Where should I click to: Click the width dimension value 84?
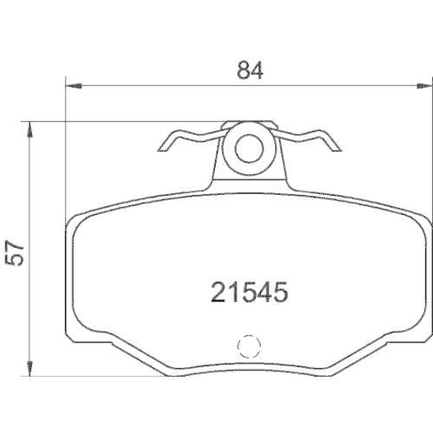(x=249, y=72)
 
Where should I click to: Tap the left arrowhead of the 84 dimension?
(x=73, y=85)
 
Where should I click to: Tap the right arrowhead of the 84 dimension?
(x=423, y=85)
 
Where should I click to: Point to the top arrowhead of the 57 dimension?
(x=32, y=127)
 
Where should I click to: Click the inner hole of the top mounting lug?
(x=249, y=147)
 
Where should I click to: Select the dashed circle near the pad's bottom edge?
(x=249, y=346)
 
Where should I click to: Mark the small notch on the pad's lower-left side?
(x=69, y=331)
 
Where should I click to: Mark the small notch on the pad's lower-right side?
(x=427, y=331)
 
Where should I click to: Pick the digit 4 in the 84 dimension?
(x=256, y=72)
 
